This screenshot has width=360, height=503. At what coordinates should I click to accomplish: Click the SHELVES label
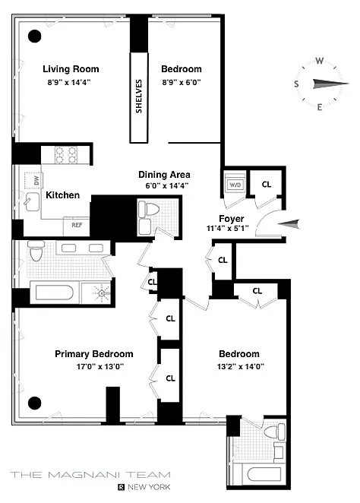point(139,96)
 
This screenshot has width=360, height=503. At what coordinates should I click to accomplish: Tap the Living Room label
point(71,69)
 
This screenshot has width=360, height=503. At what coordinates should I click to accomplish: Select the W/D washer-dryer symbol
point(235,185)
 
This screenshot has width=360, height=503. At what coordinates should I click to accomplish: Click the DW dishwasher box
point(33,181)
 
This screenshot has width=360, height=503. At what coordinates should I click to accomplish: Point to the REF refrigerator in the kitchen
point(77,226)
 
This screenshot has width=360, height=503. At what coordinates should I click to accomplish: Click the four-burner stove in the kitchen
point(66,154)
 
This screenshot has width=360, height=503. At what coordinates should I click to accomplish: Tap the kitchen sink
point(32,202)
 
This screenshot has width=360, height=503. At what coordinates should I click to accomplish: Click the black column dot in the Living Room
point(35,36)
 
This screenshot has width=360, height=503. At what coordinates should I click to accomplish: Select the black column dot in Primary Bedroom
point(35,403)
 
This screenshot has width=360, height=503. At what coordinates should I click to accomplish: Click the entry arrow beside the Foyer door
point(289,223)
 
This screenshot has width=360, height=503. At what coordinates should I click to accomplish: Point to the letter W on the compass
point(319,61)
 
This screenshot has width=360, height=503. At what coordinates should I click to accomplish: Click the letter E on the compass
point(320,107)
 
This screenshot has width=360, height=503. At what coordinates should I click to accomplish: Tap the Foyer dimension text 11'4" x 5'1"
point(227,229)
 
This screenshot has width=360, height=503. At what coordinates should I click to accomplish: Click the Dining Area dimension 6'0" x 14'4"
point(166,185)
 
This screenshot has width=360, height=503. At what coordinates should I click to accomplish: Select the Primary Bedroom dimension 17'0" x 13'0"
point(100,366)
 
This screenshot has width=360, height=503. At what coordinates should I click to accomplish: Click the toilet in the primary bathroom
point(36,251)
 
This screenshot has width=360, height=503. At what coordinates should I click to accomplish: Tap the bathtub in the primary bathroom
point(54,293)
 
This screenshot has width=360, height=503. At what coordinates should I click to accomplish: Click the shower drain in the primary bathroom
point(102,293)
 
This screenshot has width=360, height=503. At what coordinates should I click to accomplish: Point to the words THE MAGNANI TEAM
point(90,475)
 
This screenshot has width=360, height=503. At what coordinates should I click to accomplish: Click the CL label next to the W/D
point(267,185)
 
